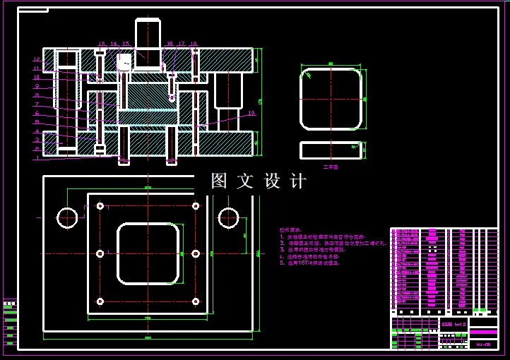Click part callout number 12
37,59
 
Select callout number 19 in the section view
251,113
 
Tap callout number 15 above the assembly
126,44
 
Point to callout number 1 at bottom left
37,157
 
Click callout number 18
194,44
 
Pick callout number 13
101,44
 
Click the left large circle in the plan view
68,218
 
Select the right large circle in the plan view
229,218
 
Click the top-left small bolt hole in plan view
100,206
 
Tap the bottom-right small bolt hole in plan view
196,301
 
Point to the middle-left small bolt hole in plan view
100,253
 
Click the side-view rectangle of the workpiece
331,150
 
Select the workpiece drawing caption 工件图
331,167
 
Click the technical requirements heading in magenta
290,229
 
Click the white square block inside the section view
124,62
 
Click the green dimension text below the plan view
148,337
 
